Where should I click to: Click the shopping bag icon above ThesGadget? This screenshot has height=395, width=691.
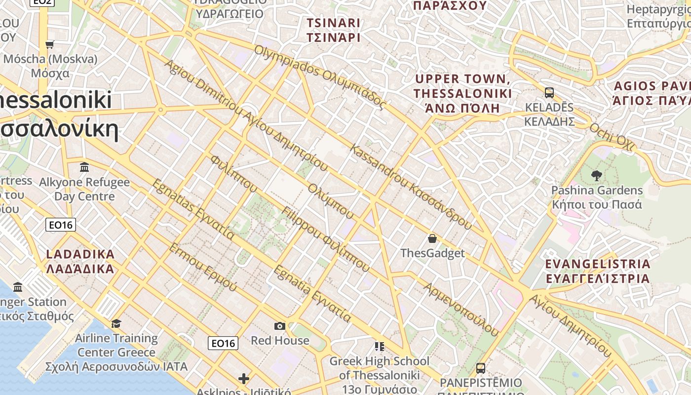[432, 238]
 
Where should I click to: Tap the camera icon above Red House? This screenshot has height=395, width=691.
[280, 326]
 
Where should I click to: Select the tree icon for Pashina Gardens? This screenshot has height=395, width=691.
[597, 175]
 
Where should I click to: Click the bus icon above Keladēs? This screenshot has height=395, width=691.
[549, 92]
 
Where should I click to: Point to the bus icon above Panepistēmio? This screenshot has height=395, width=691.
[480, 368]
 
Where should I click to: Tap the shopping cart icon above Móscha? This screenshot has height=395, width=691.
[49, 45]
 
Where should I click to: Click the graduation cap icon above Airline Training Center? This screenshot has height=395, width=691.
[116, 323]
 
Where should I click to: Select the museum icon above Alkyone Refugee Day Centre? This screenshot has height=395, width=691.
[84, 167]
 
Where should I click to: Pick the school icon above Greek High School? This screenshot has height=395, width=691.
[379, 346]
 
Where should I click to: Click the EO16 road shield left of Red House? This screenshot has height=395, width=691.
[223, 343]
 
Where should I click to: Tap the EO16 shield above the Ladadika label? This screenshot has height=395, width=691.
[61, 225]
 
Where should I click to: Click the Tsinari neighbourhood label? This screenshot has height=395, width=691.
[333, 30]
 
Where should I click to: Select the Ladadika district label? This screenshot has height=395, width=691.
[80, 262]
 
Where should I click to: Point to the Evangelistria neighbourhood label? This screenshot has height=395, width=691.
[598, 271]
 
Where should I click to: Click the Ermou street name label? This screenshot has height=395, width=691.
[203, 267]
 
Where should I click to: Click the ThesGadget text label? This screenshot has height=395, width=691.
[432, 253]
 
